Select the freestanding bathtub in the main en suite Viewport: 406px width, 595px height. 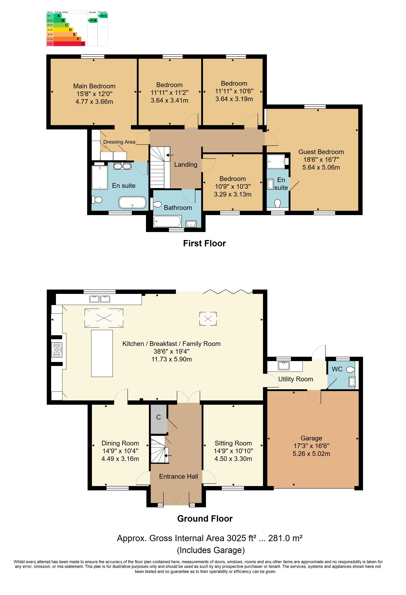pyautogui.click(x=132, y=202)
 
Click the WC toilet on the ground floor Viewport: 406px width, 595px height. pyautogui.click(x=350, y=369)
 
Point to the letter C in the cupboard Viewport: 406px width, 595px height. pyautogui.click(x=158, y=417)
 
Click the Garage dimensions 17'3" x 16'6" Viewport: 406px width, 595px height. pyautogui.click(x=311, y=446)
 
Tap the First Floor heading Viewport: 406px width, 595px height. pyautogui.click(x=205, y=243)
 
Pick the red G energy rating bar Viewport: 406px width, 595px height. pyautogui.click(x=69, y=44)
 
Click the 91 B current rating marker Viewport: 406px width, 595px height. pyautogui.click(x=93, y=20)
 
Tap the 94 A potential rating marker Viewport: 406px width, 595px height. pyautogui.click(x=103, y=16)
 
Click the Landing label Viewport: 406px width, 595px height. pyautogui.click(x=186, y=165)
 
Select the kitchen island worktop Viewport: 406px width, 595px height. pyautogui.click(x=102, y=353)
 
